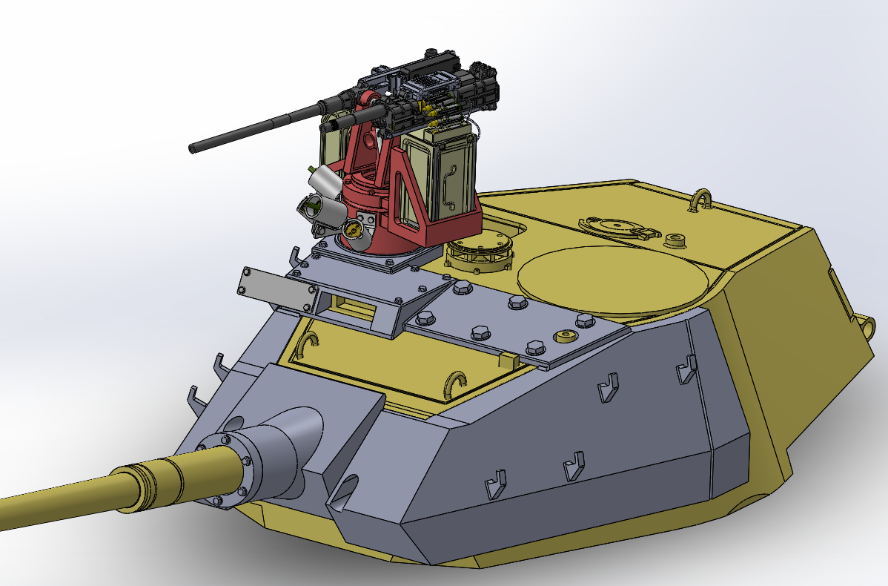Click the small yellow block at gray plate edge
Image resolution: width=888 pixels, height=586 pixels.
coord(508,361)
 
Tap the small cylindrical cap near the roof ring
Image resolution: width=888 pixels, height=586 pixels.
coord(675,240)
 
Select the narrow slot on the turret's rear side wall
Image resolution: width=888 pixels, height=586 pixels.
coord(833,285)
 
